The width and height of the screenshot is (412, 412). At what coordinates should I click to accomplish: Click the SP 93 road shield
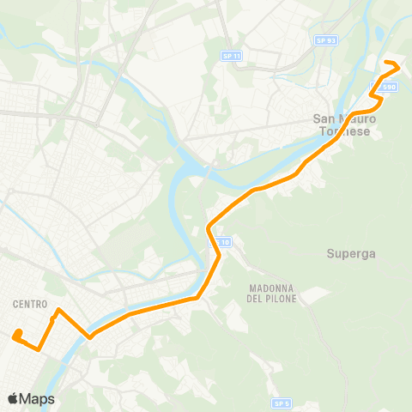pyautogui.click(x=325, y=39)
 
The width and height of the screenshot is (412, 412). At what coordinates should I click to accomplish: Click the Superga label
pyautogui.click(x=348, y=253)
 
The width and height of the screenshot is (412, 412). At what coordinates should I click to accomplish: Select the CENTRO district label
pyautogui.click(x=30, y=304)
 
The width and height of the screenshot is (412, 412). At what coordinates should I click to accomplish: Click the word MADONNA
pyautogui.click(x=270, y=288)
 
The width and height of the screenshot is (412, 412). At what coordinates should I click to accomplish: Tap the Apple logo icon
pyautogui.click(x=14, y=398)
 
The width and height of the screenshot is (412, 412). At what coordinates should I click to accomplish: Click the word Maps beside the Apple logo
pyautogui.click(x=39, y=398)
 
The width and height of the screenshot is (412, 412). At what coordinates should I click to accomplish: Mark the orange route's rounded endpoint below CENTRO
pyautogui.click(x=17, y=334)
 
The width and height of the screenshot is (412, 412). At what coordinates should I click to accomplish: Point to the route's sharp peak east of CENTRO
pyautogui.click(x=58, y=310)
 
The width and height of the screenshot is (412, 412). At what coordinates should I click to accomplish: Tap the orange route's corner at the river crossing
pyautogui.click(x=89, y=337)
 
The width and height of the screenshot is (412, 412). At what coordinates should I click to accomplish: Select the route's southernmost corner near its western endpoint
pyautogui.click(x=39, y=348)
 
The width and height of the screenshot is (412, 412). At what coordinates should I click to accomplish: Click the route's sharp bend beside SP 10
pyautogui.click(x=209, y=228)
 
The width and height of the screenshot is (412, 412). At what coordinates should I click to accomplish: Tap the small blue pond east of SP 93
pyautogui.click(x=379, y=35)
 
